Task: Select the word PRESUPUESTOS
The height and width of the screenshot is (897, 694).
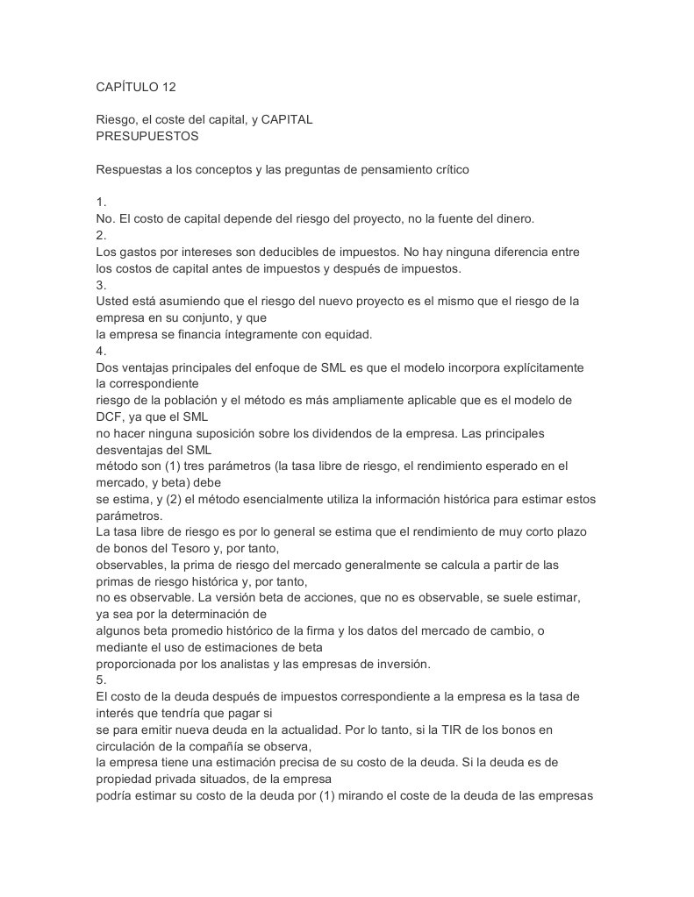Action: click(x=147, y=136)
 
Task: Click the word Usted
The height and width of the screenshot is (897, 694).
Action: click(x=113, y=301)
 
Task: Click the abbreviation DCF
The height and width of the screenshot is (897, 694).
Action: click(x=111, y=416)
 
